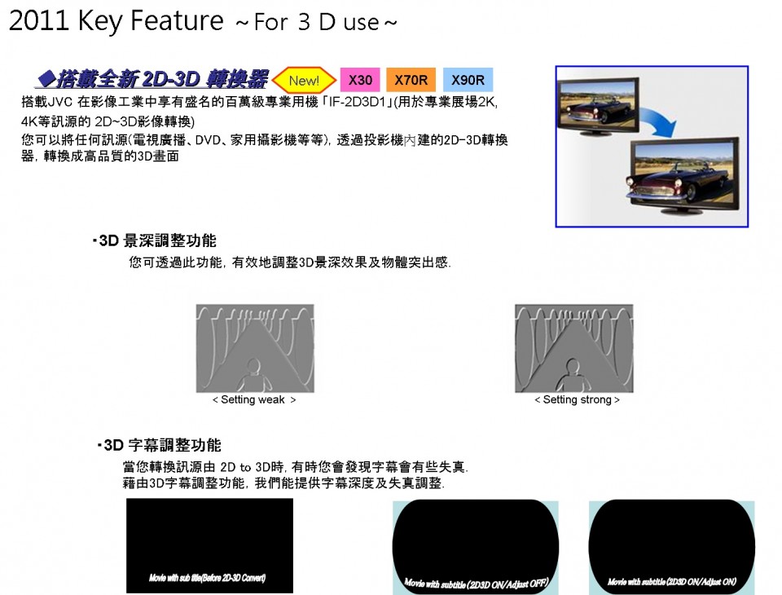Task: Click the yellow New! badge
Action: coord(304,80)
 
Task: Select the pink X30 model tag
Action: coord(360,80)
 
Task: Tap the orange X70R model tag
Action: coord(411,80)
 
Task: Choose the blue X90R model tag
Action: coord(468,80)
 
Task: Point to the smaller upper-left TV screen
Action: coord(597,106)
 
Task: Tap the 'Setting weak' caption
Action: coord(254,400)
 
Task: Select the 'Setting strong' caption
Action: coord(577,400)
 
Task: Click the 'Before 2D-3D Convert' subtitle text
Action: coord(208,578)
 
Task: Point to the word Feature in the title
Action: coord(177,21)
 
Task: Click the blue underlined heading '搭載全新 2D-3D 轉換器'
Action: coord(153,79)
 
